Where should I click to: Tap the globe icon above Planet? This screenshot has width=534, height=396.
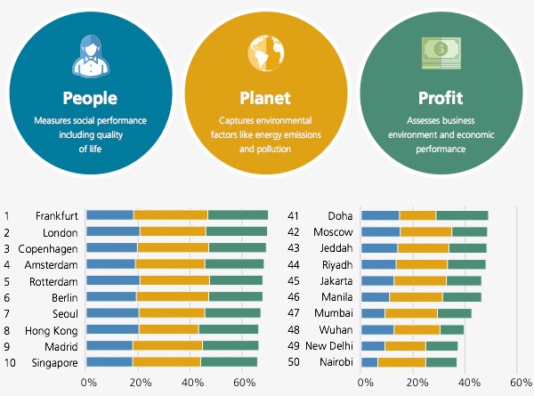(x=265, y=52)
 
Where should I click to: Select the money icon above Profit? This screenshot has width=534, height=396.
(x=441, y=52)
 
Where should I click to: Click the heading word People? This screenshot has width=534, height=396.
(x=90, y=97)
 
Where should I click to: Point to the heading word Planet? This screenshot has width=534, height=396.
(x=265, y=97)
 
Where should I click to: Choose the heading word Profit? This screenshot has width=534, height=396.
(x=441, y=97)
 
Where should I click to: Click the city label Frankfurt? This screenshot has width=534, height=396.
(x=57, y=215)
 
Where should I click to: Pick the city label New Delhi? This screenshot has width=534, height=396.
(x=329, y=345)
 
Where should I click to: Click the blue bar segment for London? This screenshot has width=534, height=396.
(x=113, y=231)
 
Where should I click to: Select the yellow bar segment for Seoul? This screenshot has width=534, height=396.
(x=172, y=313)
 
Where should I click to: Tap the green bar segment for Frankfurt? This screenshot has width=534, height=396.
(x=238, y=215)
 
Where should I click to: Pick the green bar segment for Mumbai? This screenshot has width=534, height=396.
(x=454, y=313)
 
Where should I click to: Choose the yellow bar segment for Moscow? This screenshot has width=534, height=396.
(x=425, y=231)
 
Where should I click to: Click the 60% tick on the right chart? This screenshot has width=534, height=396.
(x=520, y=382)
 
